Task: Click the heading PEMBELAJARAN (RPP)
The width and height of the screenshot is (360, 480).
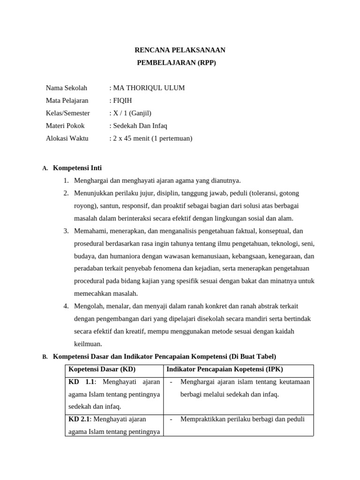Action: click(x=176, y=62)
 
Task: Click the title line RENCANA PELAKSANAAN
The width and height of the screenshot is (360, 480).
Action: click(x=180, y=50)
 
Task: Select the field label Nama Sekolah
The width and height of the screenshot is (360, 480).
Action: click(x=67, y=88)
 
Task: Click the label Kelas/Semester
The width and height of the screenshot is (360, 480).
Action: click(x=68, y=113)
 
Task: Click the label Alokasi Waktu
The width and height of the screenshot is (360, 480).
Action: click(x=67, y=138)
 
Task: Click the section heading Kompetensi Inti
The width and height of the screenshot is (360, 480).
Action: click(x=77, y=168)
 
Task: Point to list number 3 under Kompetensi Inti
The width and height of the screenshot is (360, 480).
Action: click(x=66, y=231)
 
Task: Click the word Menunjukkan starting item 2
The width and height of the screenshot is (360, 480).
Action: click(x=94, y=193)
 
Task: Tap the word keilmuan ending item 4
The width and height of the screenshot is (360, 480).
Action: click(x=88, y=344)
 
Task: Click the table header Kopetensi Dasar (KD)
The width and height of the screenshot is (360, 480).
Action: click(x=102, y=369)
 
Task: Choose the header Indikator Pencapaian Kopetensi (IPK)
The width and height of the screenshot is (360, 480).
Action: click(x=225, y=369)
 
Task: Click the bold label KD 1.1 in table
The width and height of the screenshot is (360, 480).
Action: click(x=82, y=382)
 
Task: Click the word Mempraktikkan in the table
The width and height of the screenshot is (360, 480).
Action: click(x=202, y=419)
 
